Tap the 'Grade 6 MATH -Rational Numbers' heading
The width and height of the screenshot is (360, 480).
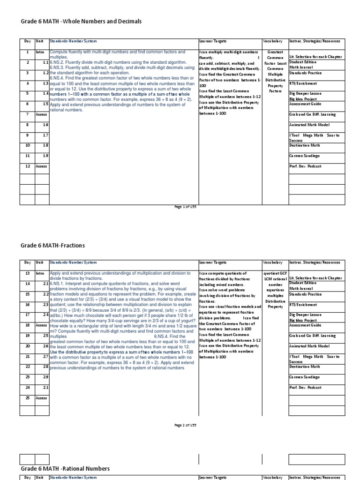[65, 468]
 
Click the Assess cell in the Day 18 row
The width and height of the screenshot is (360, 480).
[42, 325]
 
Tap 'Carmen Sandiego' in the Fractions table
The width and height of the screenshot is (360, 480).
[305, 377]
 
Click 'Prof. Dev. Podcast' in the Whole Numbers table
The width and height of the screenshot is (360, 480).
[306, 166]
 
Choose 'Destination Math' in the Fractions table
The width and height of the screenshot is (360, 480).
[304, 367]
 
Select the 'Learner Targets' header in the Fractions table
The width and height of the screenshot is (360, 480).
[213, 262]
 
